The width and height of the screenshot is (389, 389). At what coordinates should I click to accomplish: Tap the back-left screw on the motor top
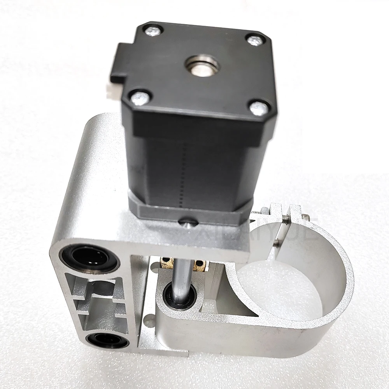(153, 30)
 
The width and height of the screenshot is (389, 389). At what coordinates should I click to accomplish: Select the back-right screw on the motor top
(254, 39)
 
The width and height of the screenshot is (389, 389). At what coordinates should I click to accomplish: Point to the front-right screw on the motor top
(259, 108)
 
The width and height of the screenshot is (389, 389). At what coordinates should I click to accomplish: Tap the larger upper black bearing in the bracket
(89, 258)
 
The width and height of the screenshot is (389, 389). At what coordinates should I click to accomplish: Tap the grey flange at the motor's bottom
(187, 212)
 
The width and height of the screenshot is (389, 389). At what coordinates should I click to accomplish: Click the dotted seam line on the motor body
(182, 171)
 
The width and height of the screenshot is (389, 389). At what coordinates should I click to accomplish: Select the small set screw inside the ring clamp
(276, 244)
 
